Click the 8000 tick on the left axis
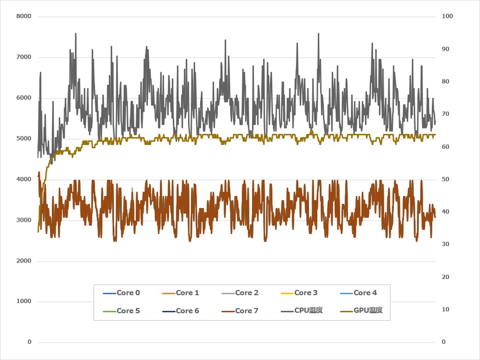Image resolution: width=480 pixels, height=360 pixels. pyautogui.click(x=23, y=16)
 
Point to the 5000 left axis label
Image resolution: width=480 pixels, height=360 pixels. pyautogui.click(x=23, y=139)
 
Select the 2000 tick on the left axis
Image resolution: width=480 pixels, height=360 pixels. pyautogui.click(x=23, y=261)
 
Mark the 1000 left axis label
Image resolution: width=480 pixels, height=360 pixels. pyautogui.click(x=23, y=301)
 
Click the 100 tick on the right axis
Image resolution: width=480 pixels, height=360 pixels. pyautogui.click(x=447, y=16)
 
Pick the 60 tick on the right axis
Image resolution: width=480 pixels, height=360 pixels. pyautogui.click(x=445, y=147)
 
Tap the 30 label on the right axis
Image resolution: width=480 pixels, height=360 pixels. pyautogui.click(x=445, y=245)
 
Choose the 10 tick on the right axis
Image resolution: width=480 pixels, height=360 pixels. pyautogui.click(x=445, y=309)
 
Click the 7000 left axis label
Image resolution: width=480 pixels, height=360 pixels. pyautogui.click(x=23, y=57)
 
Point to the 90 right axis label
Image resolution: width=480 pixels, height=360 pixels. pyautogui.click(x=445, y=49)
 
